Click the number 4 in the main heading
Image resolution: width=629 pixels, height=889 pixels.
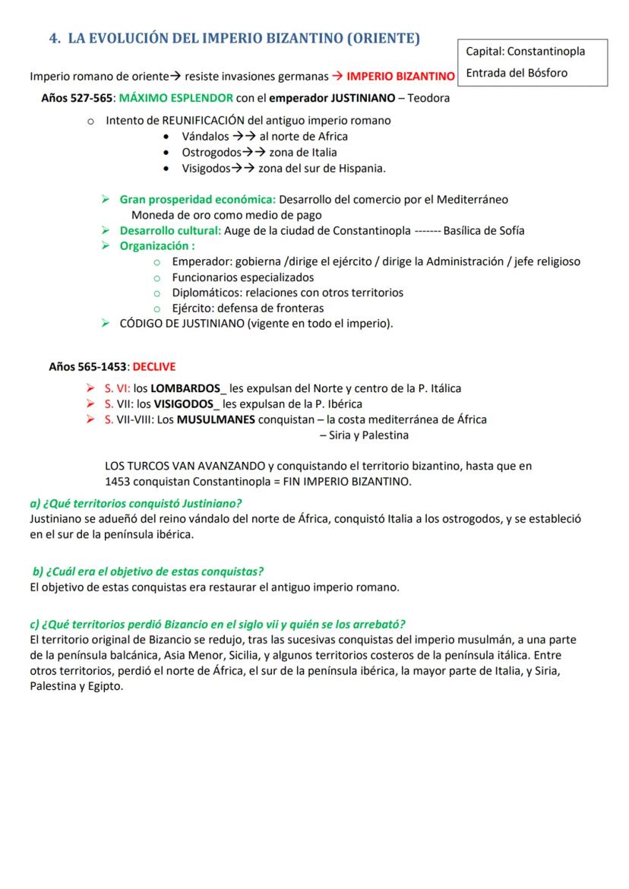point(54,38)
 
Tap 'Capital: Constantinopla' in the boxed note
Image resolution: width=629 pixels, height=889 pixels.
point(525,52)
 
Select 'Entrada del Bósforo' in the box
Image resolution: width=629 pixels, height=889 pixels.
point(516,73)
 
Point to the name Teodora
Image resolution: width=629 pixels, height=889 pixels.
point(429,98)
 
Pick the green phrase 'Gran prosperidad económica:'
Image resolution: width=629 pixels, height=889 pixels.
point(198,199)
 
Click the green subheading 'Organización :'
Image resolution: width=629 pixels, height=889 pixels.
point(157,246)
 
